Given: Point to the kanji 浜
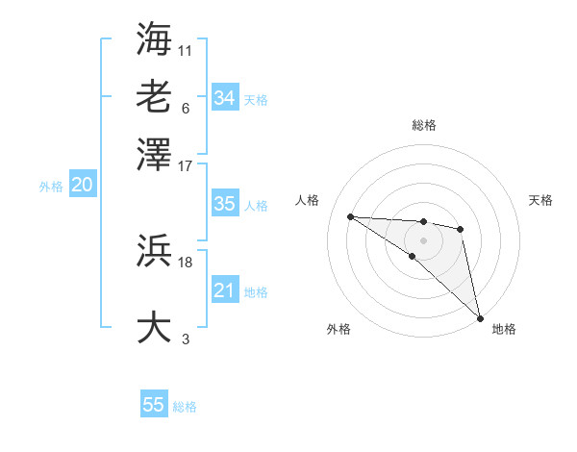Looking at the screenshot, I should tap(154, 253).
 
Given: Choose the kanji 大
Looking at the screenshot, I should tap(154, 325).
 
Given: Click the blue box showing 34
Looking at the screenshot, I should tap(224, 97).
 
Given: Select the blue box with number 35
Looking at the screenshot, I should tap(224, 204).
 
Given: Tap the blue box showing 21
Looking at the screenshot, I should tap(224, 290).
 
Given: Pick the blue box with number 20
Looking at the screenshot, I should tap(82, 186).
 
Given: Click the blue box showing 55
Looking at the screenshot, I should tap(154, 405).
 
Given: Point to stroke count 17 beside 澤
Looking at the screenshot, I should tap(185, 165).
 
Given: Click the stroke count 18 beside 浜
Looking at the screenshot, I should tap(185, 261).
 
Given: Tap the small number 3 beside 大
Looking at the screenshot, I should tap(185, 338).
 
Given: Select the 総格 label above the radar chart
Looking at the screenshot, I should tap(423, 125).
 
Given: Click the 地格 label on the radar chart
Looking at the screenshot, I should tap(504, 329).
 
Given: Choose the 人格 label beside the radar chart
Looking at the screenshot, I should tap(308, 200).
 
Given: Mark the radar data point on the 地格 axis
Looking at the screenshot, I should tap(480, 317).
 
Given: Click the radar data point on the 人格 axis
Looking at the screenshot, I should tap(351, 216).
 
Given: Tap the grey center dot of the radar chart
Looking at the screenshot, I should tap(423, 239).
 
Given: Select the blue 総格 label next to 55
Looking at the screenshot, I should tap(185, 407).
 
